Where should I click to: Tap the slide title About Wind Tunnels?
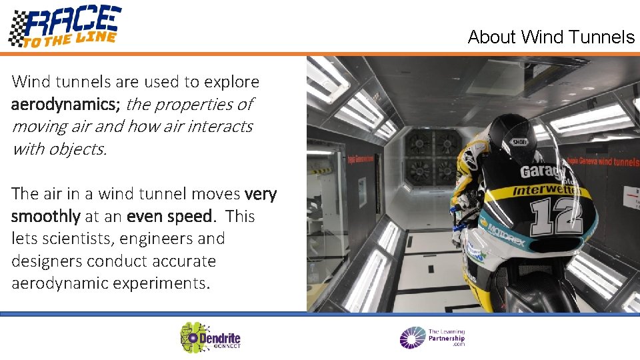click(551, 37)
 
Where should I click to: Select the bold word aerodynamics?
click(65, 105)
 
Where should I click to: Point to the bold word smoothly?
click(45, 217)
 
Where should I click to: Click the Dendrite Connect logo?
click(211, 337)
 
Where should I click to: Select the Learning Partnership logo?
click(432, 337)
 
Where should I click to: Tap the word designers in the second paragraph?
click(45, 261)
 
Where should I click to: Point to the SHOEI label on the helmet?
click(519, 141)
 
